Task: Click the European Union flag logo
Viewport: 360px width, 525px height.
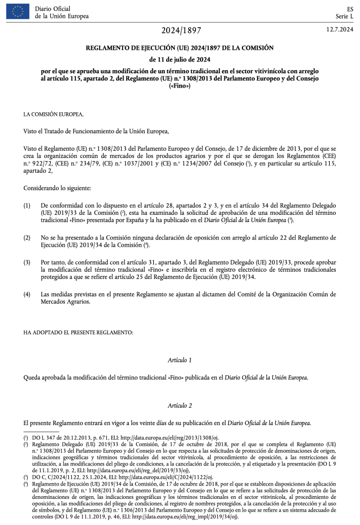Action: click(x=17, y=11)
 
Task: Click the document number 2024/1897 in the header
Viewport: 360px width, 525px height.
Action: click(x=179, y=31)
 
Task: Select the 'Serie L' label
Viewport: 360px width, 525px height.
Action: click(x=344, y=16)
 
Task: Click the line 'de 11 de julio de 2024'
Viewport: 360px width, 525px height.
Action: click(x=179, y=59)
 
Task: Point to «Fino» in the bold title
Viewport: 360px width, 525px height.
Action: click(x=179, y=86)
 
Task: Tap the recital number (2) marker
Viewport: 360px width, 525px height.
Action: click(x=27, y=238)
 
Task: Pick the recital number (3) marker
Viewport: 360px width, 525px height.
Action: click(x=27, y=262)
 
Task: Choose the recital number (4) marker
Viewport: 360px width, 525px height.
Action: click(x=27, y=294)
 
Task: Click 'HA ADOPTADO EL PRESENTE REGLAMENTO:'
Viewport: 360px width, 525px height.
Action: click(x=78, y=332)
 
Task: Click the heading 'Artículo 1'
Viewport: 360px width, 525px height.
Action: click(x=179, y=360)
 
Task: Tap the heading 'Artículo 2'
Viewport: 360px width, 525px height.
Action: click(x=179, y=406)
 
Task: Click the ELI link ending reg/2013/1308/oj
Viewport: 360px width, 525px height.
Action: click(x=176, y=437)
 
